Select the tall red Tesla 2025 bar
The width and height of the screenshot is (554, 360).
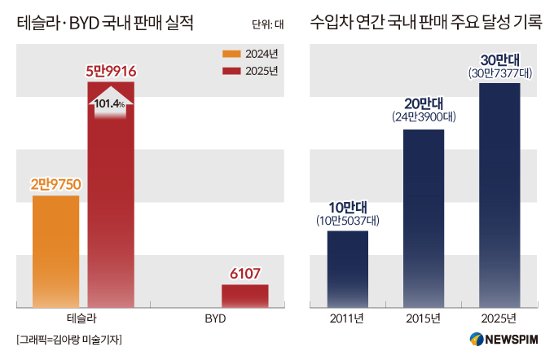111,212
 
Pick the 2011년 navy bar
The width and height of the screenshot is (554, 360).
348,269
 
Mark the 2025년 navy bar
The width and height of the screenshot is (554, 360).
499,195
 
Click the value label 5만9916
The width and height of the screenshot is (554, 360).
111,72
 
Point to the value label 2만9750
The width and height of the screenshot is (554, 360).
56,185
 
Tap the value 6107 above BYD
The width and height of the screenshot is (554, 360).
245,274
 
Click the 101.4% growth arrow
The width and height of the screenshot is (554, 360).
111,103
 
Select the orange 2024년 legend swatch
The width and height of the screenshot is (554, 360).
233,54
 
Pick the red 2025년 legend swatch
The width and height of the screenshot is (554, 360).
233,71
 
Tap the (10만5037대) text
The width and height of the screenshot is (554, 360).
348,220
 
